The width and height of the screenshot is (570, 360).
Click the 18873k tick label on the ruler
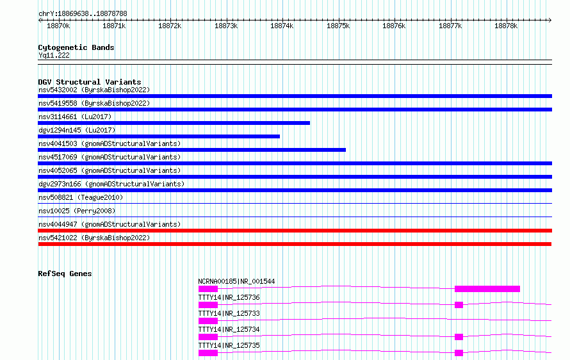(226, 26)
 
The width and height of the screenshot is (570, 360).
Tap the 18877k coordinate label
(450, 26)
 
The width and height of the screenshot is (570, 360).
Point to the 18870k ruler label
(58, 26)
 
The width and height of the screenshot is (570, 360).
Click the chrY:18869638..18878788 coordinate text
(83, 14)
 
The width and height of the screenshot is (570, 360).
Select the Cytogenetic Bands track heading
(76, 47)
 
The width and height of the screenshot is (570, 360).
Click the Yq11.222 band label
(54, 55)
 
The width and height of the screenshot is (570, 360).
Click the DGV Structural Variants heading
(90, 82)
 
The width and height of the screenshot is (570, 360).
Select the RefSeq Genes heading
(65, 274)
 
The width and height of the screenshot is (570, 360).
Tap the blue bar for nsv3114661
(174, 123)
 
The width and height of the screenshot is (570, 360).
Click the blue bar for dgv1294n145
(159, 136)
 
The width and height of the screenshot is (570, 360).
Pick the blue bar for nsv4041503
(192, 150)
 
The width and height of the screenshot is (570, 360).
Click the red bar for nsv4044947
(295, 231)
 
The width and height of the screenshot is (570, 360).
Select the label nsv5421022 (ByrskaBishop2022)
(94, 238)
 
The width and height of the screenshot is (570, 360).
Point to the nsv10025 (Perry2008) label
(77, 211)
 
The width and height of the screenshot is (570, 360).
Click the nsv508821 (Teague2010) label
(81, 197)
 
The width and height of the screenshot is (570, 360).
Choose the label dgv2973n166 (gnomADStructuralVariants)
(111, 184)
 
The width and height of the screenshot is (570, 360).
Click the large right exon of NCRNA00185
(487, 289)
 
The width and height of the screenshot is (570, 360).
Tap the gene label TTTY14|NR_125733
(229, 313)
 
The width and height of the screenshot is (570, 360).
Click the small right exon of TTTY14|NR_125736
(459, 305)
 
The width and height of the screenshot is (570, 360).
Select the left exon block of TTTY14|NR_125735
(208, 353)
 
